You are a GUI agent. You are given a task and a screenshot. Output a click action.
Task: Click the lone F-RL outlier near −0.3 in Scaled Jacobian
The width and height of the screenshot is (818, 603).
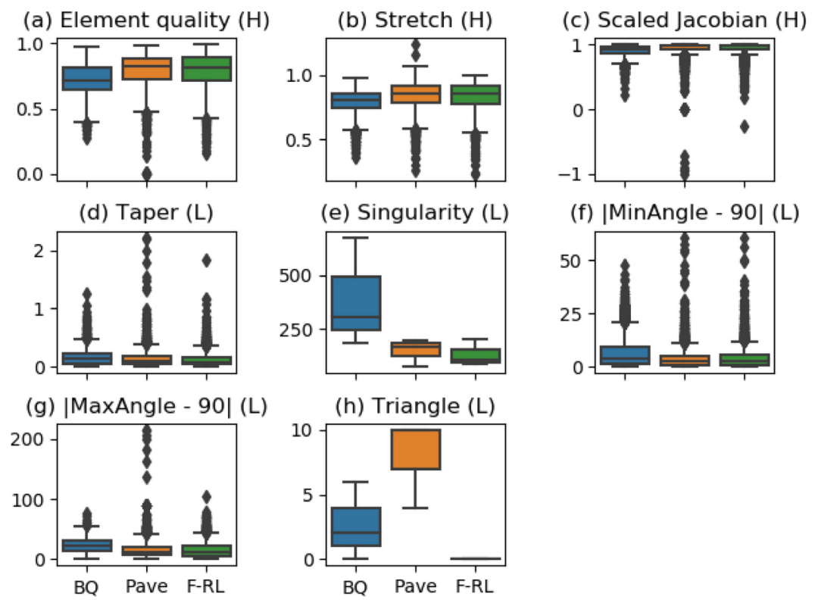tap(745, 127)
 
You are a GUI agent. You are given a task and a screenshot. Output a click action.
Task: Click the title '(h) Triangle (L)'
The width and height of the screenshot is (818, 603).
tap(415, 407)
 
